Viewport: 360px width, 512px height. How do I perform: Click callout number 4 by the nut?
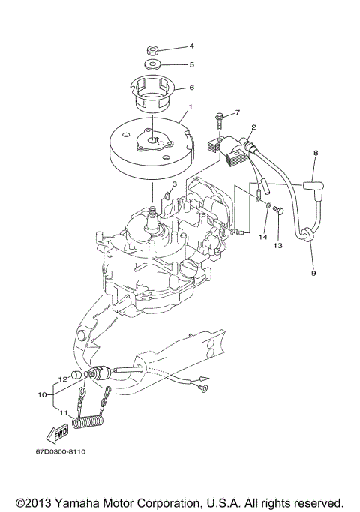click(191, 46)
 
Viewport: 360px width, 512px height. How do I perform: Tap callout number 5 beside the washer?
click(191, 64)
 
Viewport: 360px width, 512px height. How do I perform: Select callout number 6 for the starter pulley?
click(191, 87)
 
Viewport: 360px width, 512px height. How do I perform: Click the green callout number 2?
click(254, 127)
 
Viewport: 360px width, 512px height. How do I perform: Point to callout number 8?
click(315, 153)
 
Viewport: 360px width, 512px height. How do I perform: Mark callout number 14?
click(262, 237)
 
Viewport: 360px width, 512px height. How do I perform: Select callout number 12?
click(64, 379)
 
